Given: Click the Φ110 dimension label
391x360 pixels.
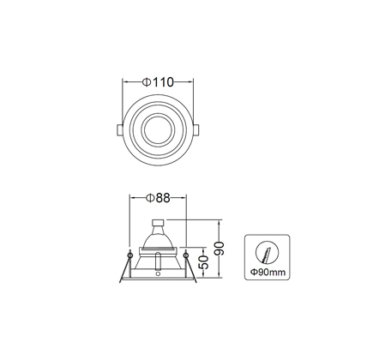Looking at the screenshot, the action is pos(158,82).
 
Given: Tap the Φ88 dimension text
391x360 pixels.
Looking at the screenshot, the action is pos(158,198).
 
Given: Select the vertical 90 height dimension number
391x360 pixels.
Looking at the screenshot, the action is pos(220,249).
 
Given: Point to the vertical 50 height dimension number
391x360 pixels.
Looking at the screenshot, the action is pos(203,262).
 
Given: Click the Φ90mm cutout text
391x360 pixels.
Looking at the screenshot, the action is pos(268,272).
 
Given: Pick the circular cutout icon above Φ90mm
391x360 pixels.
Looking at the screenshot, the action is pos(268,253).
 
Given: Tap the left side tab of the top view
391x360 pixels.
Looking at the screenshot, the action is pos(120,130).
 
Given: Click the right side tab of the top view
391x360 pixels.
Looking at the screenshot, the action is pos(196,130).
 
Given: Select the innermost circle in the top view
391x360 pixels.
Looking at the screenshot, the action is pos(158,130).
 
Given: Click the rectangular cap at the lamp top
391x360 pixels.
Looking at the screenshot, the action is pos(158,223).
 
